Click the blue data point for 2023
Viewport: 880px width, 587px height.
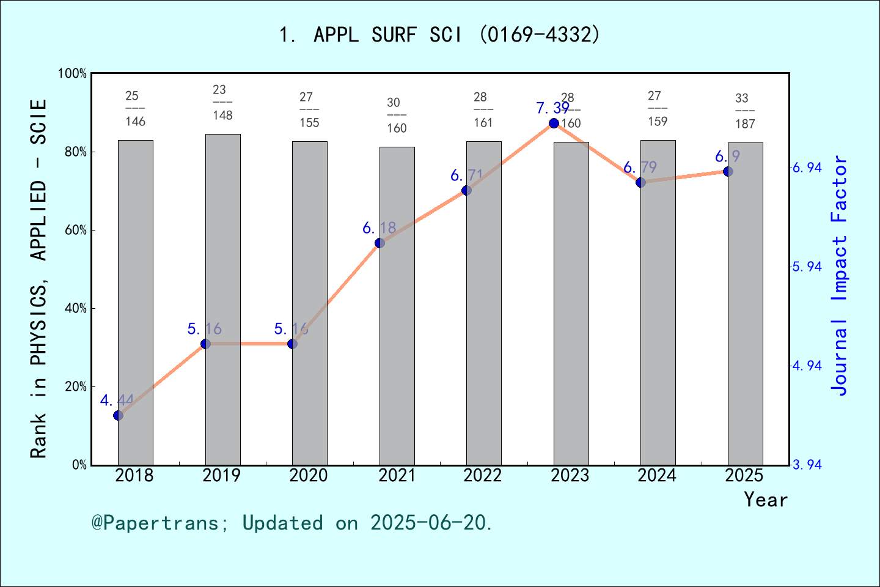click(554, 123)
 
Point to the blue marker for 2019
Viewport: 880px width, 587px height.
click(205, 344)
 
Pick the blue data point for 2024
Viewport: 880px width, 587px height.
click(640, 182)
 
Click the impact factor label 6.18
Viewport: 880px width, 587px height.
click(379, 228)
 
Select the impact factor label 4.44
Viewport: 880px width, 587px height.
click(117, 401)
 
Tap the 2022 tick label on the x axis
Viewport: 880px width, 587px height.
click(483, 476)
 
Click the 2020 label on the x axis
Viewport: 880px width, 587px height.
click(309, 476)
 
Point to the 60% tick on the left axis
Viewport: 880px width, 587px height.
click(76, 231)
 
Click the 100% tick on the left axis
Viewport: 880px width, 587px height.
click(72, 74)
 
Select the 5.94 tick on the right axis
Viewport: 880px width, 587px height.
click(807, 267)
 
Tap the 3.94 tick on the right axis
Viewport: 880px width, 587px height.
click(807, 465)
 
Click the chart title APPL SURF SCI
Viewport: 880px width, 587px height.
click(439, 35)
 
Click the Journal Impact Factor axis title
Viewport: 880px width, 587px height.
click(839, 275)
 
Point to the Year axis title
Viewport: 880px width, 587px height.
click(765, 500)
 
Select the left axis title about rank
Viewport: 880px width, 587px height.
click(38, 278)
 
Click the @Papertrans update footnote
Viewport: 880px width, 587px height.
click(292, 523)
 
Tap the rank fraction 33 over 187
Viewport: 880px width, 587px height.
click(744, 111)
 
